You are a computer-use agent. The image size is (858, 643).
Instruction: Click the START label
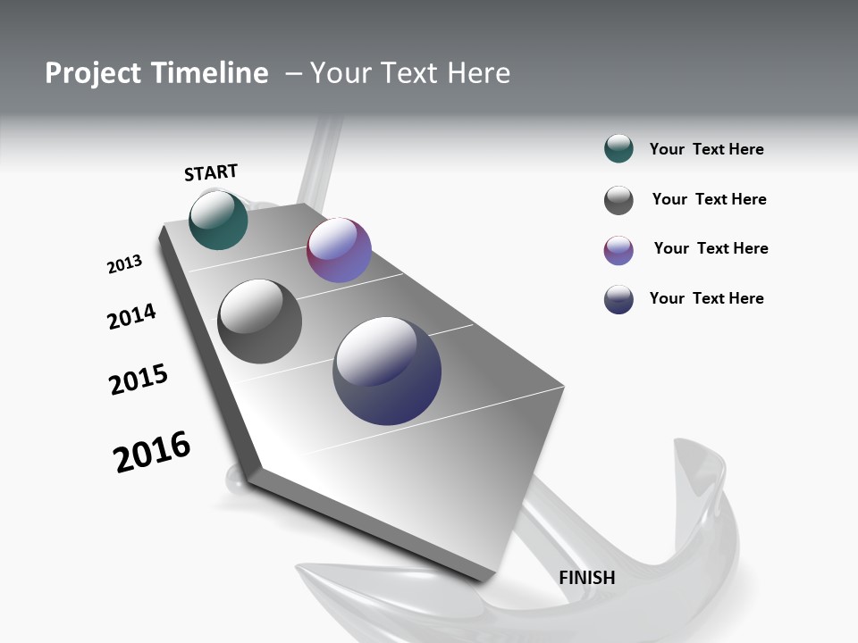(211, 172)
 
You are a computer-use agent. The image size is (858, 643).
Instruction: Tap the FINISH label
(587, 578)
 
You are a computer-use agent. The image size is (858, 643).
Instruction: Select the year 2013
(124, 264)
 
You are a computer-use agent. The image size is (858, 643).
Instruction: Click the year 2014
(131, 316)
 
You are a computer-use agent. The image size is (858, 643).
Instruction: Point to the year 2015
(139, 380)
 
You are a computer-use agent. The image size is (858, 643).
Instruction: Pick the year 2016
(152, 452)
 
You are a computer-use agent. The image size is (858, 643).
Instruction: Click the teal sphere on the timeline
(218, 220)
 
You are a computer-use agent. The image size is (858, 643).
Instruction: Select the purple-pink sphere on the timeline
(339, 250)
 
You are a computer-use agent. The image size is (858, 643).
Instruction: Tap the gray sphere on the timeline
(259, 321)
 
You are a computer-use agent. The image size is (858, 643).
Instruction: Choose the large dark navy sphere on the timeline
(387, 371)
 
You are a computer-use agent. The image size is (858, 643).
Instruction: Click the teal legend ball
(618, 149)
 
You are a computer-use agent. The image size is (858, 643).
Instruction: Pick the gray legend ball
(618, 200)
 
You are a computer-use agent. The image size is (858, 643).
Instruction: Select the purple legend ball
(618, 250)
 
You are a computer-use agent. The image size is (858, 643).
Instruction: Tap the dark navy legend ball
(618, 299)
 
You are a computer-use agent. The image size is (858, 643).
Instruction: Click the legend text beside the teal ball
(706, 150)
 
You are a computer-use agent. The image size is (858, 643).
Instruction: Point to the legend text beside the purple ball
(711, 248)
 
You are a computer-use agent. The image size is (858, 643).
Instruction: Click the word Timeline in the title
(211, 73)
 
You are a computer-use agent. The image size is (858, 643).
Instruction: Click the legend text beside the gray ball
(709, 199)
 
